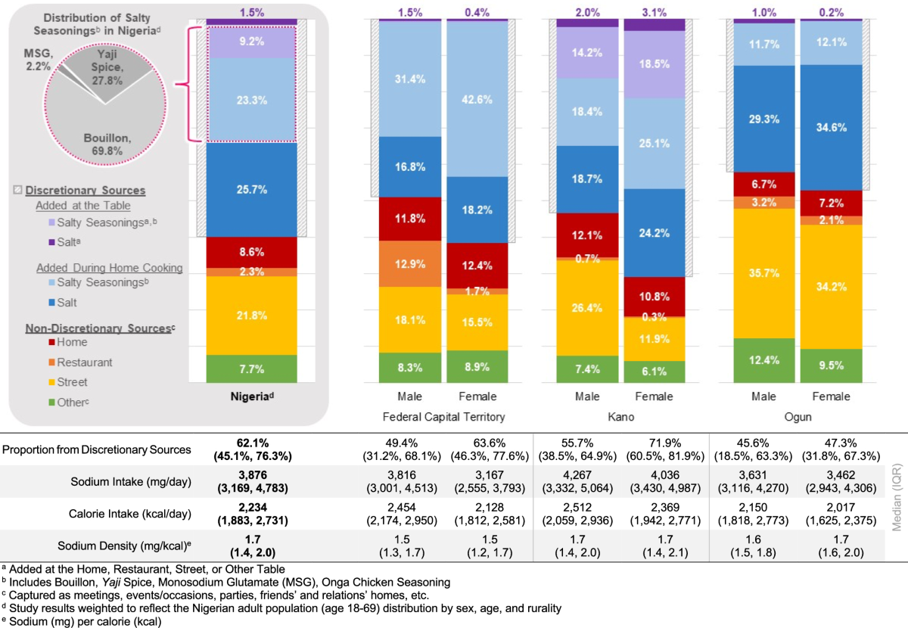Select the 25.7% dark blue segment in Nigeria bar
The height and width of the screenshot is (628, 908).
tap(252, 189)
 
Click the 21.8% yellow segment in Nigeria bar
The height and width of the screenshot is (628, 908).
tap(252, 315)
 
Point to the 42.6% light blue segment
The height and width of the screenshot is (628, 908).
tap(477, 98)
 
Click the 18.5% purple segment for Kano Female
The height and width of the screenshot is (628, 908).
tap(655, 64)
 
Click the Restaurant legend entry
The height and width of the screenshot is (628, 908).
tap(83, 362)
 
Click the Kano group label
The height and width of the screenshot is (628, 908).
tap(620, 417)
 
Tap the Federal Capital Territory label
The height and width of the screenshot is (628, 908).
tap(443, 417)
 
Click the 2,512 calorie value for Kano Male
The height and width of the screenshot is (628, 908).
tap(586, 504)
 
